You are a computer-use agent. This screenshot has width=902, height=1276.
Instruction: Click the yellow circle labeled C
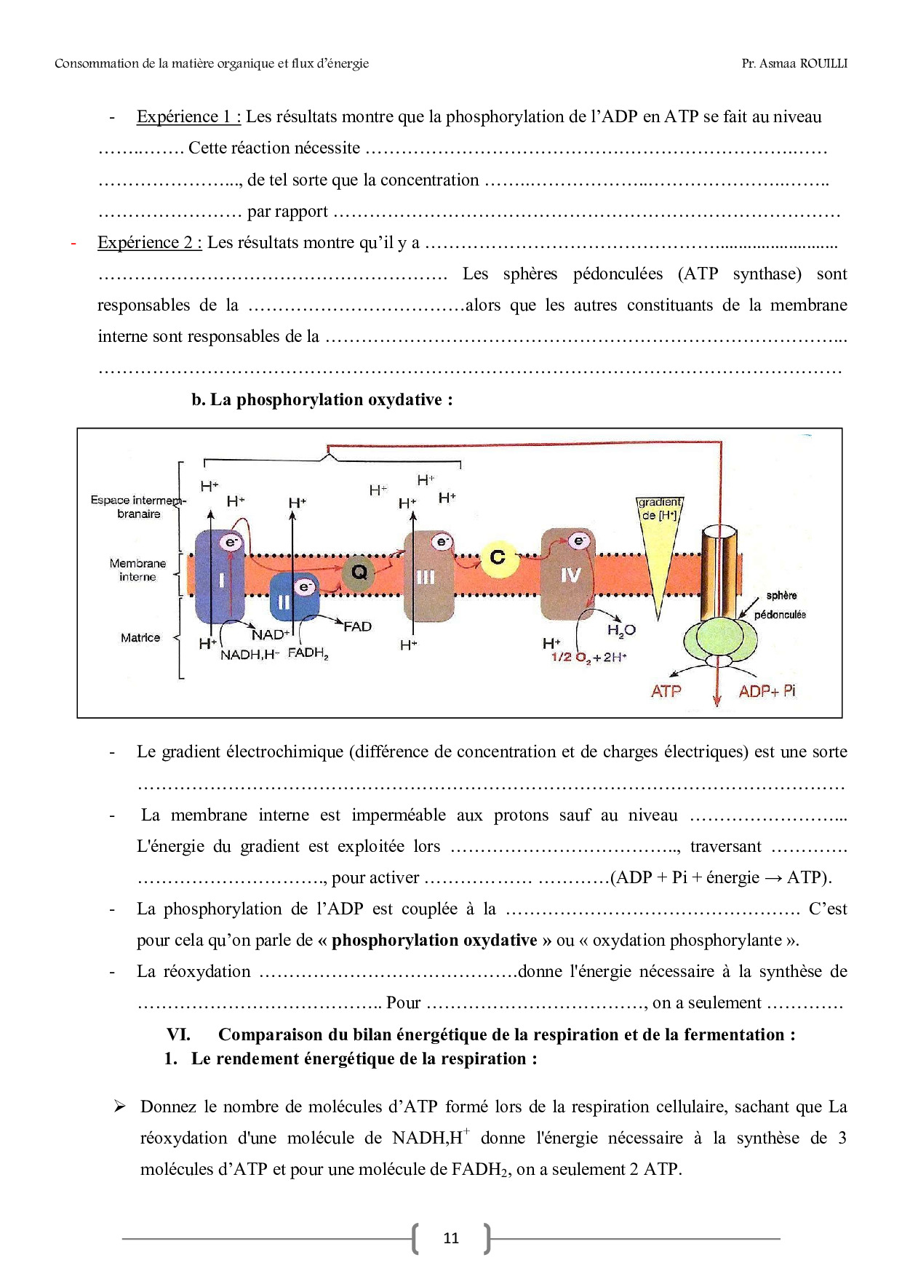[498, 558]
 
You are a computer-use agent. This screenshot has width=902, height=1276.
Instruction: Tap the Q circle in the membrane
[359, 572]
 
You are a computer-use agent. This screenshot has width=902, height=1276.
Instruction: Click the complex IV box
[568, 575]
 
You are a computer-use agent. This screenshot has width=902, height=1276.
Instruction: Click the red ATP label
[666, 691]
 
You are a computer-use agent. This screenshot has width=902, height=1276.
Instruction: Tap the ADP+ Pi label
[767, 691]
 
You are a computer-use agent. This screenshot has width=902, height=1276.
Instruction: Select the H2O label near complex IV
[621, 630]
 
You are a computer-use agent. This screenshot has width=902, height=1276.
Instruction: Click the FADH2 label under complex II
[308, 653]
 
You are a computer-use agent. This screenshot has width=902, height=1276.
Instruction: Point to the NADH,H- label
[250, 655]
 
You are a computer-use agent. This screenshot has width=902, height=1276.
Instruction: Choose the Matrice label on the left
[140, 638]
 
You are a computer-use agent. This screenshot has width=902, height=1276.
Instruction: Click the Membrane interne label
[137, 570]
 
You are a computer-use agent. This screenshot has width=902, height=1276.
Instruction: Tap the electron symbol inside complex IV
[579, 541]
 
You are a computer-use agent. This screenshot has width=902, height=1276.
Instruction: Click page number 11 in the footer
[451, 1238]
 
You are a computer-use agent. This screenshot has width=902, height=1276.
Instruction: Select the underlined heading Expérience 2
[149, 242]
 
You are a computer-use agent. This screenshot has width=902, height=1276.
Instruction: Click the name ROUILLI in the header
[823, 63]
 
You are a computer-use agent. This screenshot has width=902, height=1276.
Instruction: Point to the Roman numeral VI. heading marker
[178, 1034]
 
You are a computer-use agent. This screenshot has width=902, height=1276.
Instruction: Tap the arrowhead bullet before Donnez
[120, 1106]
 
